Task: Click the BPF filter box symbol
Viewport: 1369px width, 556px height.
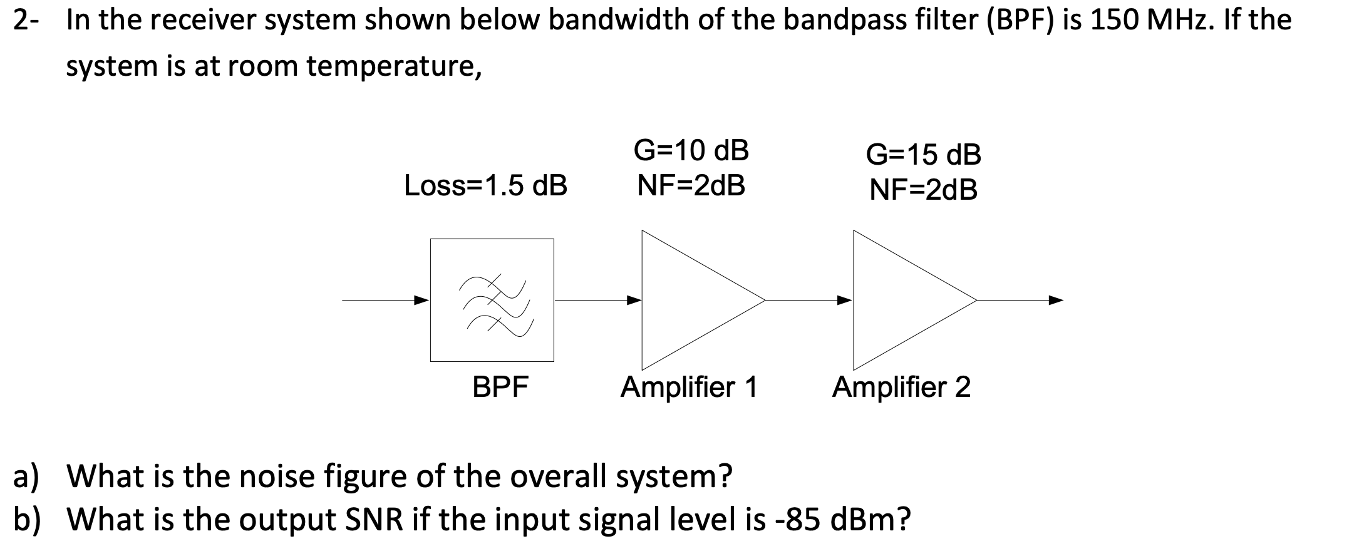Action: pos(492,300)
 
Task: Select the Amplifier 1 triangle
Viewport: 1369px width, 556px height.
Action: pos(689,301)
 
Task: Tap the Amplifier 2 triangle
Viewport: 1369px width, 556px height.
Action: pos(902,301)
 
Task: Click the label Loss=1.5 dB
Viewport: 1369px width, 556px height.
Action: pos(486,185)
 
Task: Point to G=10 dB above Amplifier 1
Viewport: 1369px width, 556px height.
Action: pos(691,150)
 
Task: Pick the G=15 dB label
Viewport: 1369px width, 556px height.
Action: pos(923,155)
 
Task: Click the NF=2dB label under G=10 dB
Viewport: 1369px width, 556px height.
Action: pos(691,185)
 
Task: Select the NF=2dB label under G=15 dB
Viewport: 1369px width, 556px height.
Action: pos(923,190)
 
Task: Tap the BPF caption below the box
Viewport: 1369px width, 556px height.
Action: pos(500,387)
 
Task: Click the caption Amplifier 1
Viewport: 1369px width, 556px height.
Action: pos(689,387)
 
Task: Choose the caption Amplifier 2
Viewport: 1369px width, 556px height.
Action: pos(901,387)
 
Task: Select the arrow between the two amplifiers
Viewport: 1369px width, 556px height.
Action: pos(808,300)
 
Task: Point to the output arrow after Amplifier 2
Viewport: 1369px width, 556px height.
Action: pos(1021,300)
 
